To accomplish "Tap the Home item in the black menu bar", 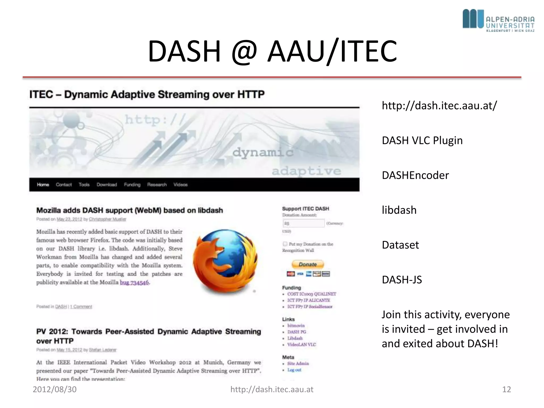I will pyautogui.click(x=43, y=185).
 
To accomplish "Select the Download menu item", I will pyautogui.click(x=107, y=185).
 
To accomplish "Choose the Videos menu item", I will pyautogui.click(x=180, y=185).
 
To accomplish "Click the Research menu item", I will pyautogui.click(x=157, y=185).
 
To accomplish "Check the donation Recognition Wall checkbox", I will pyautogui.click(x=285, y=244).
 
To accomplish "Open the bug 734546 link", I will pyautogui.click(x=134, y=283).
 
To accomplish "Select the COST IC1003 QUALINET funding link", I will pyautogui.click(x=311, y=294).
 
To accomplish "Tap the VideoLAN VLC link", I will pyautogui.click(x=301, y=345).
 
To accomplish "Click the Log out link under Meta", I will pyautogui.click(x=294, y=370).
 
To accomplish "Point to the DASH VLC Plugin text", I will pyautogui.click(x=422, y=141).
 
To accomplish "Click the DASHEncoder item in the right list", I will pyautogui.click(x=415, y=175).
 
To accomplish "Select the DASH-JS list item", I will pyautogui.click(x=402, y=280).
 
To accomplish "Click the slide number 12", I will pyautogui.click(x=506, y=389).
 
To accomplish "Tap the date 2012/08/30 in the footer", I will pyautogui.click(x=54, y=389).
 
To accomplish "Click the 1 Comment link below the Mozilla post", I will pyautogui.click(x=81, y=307).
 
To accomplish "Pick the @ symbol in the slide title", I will pyautogui.click(x=244, y=51).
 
